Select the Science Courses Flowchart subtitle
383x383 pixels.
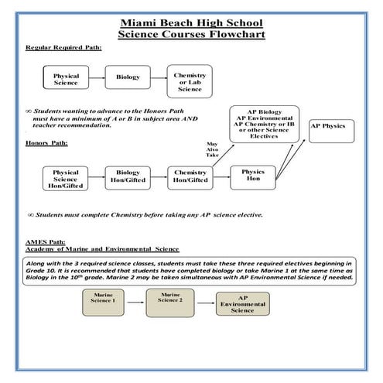coord(191,35)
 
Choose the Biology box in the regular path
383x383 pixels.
coord(128,78)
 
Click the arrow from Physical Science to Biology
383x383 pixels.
coord(97,78)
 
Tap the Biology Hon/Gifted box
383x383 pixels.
coord(128,176)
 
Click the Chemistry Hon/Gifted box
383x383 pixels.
coord(190,176)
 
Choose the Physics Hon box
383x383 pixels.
coord(253,176)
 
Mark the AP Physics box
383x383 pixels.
coord(329,125)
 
